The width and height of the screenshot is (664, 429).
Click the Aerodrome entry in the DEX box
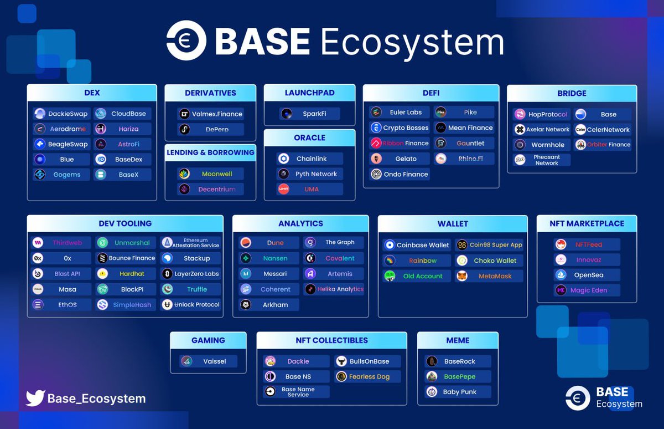coord(61,129)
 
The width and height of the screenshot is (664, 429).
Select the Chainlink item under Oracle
coord(309,159)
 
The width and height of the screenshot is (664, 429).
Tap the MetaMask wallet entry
coord(489,276)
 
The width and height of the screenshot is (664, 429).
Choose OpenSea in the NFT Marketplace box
coord(587,275)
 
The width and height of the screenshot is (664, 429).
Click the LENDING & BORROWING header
coord(210,152)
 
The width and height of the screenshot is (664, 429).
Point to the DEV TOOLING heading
coord(125,223)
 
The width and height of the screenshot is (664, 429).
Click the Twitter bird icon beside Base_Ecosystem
coord(35,398)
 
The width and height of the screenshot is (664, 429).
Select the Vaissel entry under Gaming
coord(209,361)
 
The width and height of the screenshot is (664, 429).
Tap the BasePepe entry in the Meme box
coord(458,376)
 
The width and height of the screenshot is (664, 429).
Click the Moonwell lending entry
coord(210,174)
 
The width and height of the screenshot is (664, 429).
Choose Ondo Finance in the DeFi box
coord(399,174)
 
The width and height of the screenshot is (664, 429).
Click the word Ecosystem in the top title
coord(412,42)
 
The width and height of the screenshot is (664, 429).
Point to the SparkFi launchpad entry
coord(309,114)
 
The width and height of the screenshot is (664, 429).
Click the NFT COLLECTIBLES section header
coord(331,340)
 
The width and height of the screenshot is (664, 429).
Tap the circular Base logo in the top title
coord(186,40)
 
